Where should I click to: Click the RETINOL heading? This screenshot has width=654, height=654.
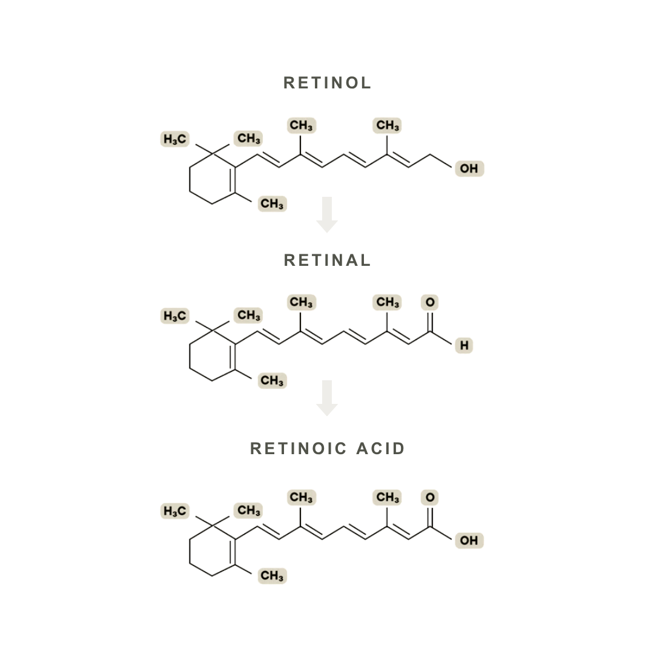327,82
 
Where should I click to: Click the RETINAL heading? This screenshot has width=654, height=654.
327,260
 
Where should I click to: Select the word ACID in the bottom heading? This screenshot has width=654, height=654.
380,448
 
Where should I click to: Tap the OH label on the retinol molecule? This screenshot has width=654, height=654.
469,168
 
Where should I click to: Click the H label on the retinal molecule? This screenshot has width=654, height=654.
464,345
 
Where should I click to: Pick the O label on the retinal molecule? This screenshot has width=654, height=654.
429,302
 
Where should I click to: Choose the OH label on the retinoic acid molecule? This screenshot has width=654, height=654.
469,540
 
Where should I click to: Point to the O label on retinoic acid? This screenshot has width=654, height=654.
429,497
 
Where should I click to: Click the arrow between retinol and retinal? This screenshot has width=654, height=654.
327,214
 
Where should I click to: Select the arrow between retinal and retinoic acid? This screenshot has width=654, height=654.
327,398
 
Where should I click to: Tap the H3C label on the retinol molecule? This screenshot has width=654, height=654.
175,139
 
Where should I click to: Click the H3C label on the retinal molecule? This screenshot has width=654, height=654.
175,315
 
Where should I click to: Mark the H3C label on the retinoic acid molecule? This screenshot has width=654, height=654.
175,511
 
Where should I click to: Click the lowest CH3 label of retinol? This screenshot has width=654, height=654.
272,203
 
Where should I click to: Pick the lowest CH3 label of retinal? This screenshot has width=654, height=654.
272,380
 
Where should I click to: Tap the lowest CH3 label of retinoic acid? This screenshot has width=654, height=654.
272,576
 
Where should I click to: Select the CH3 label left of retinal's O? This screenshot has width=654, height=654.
387,302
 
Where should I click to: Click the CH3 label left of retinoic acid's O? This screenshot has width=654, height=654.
387,497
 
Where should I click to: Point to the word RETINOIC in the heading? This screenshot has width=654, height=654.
298,448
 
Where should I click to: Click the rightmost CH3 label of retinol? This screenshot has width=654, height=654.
387,125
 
